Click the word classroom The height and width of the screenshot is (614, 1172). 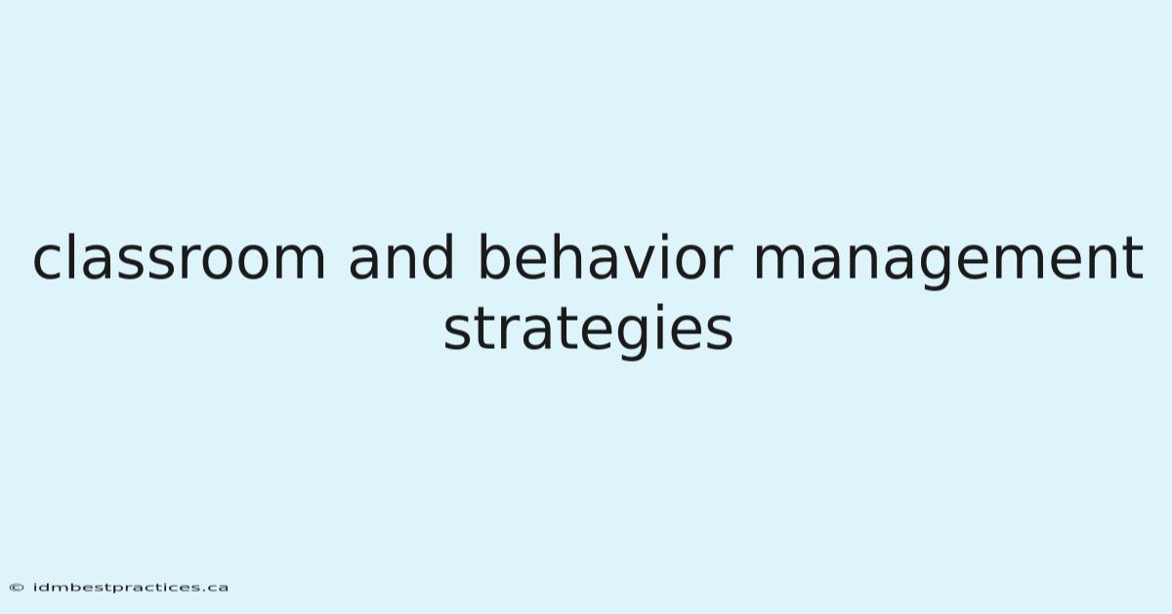pyautogui.click(x=179, y=257)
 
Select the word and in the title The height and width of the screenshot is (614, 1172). pyautogui.click(x=400, y=257)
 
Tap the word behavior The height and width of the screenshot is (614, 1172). pyautogui.click(x=606, y=257)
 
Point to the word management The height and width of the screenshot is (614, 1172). pyautogui.click(x=948, y=261)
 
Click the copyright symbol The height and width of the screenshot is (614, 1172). pyautogui.click(x=17, y=588)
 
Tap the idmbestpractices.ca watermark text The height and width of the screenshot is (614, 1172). pyautogui.click(x=130, y=588)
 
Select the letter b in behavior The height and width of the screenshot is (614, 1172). pyautogui.click(x=495, y=257)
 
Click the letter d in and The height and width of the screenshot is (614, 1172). pyautogui.click(x=437, y=257)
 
